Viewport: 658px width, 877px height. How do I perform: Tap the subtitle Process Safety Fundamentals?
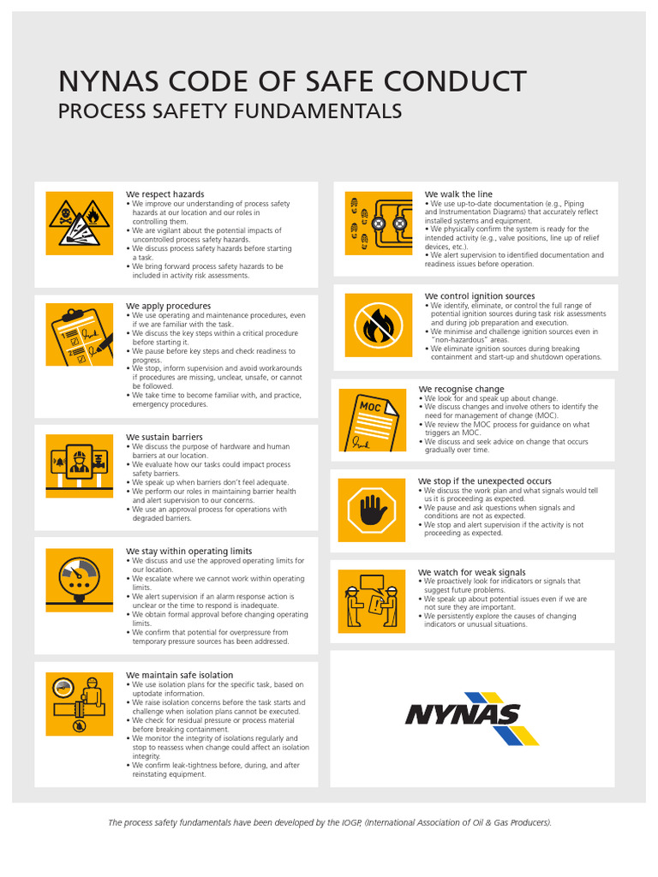tap(229, 111)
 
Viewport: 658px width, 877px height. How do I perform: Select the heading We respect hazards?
tap(165, 194)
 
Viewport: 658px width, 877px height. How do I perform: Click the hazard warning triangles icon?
tap(79, 223)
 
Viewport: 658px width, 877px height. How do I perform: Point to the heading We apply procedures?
tap(168, 306)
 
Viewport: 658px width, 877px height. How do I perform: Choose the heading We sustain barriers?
tap(164, 437)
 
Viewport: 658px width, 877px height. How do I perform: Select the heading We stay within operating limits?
tap(189, 551)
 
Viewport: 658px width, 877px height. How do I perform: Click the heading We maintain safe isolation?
tap(180, 675)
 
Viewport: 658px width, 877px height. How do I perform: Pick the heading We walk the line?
tap(458, 194)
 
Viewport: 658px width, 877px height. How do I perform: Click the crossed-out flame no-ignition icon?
tap(378, 325)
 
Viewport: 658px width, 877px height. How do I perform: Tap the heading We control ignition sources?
tap(479, 296)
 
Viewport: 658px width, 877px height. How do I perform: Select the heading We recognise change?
tap(461, 389)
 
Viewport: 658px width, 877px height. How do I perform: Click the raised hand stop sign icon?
tap(372, 510)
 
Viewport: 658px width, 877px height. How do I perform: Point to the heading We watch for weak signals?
tap(472, 572)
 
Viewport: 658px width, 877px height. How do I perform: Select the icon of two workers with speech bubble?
tap(372, 601)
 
